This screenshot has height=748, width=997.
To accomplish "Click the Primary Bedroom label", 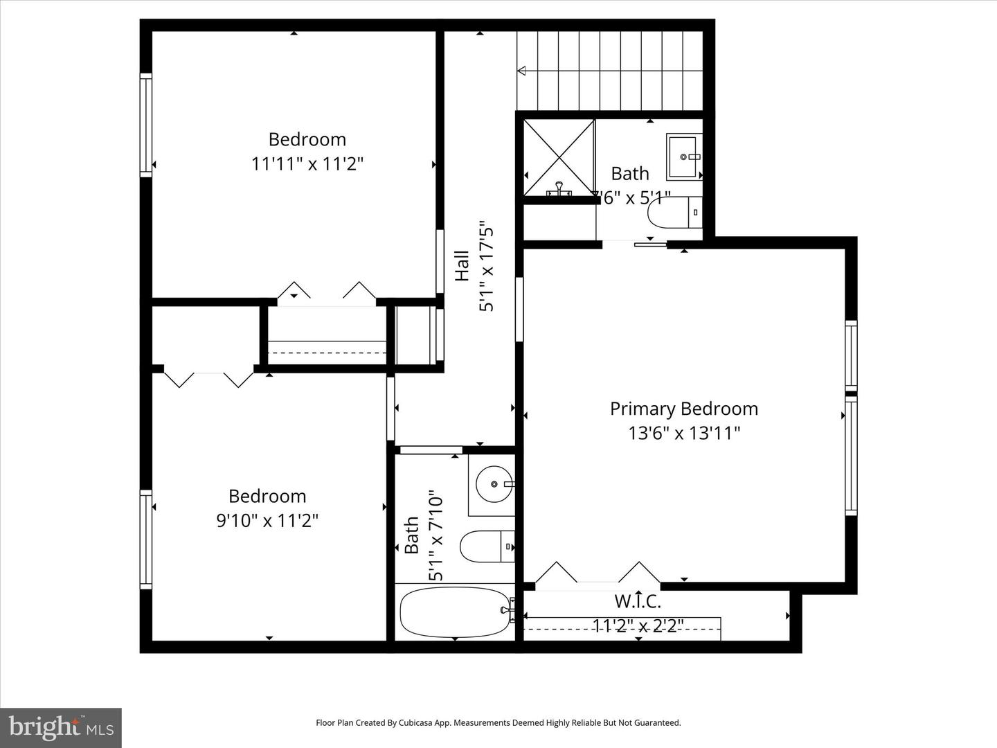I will (x=683, y=409).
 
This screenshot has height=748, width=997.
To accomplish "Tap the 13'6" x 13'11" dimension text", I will (x=683, y=434).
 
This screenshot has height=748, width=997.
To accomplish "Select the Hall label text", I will (x=462, y=266).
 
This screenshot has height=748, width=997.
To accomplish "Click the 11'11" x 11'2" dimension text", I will (x=307, y=164).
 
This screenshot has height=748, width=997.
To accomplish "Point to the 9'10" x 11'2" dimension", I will (x=267, y=521).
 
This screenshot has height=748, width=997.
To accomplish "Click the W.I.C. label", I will (x=638, y=600).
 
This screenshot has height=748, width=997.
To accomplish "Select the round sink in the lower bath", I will (x=493, y=483).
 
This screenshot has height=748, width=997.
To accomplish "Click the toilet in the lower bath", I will (x=487, y=546).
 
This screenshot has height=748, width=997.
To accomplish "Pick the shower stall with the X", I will (x=559, y=157).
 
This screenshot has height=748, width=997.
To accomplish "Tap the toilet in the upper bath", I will (x=675, y=213).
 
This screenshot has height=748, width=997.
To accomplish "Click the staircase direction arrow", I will (x=522, y=70).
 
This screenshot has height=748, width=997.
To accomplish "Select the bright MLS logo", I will (x=60, y=727).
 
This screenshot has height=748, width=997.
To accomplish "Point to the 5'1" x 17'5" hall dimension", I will (x=487, y=266).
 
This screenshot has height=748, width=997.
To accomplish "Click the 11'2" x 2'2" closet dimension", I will (x=638, y=626).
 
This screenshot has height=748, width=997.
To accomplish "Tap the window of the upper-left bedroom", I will (x=145, y=125).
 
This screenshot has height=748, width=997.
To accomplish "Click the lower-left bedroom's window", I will (x=145, y=540).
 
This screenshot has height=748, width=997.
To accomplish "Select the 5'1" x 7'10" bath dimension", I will (x=435, y=537).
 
